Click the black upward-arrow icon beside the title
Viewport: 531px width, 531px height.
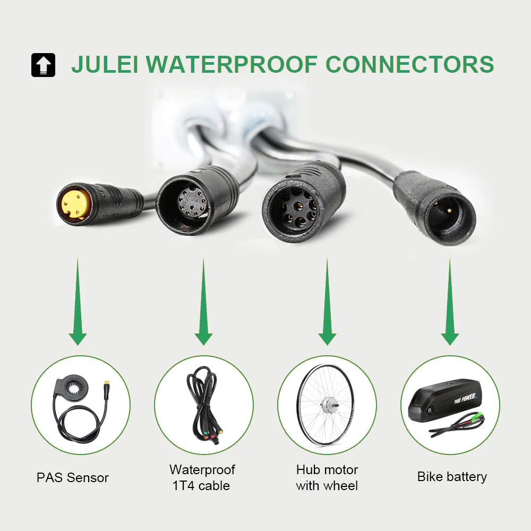(x=43, y=65)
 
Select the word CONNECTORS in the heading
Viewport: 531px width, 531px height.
(x=409, y=64)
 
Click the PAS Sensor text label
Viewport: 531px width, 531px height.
(x=73, y=477)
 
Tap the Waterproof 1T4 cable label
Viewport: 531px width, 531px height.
(x=202, y=477)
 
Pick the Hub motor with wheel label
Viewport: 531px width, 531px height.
(x=327, y=477)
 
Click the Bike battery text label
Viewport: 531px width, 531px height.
(x=452, y=476)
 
